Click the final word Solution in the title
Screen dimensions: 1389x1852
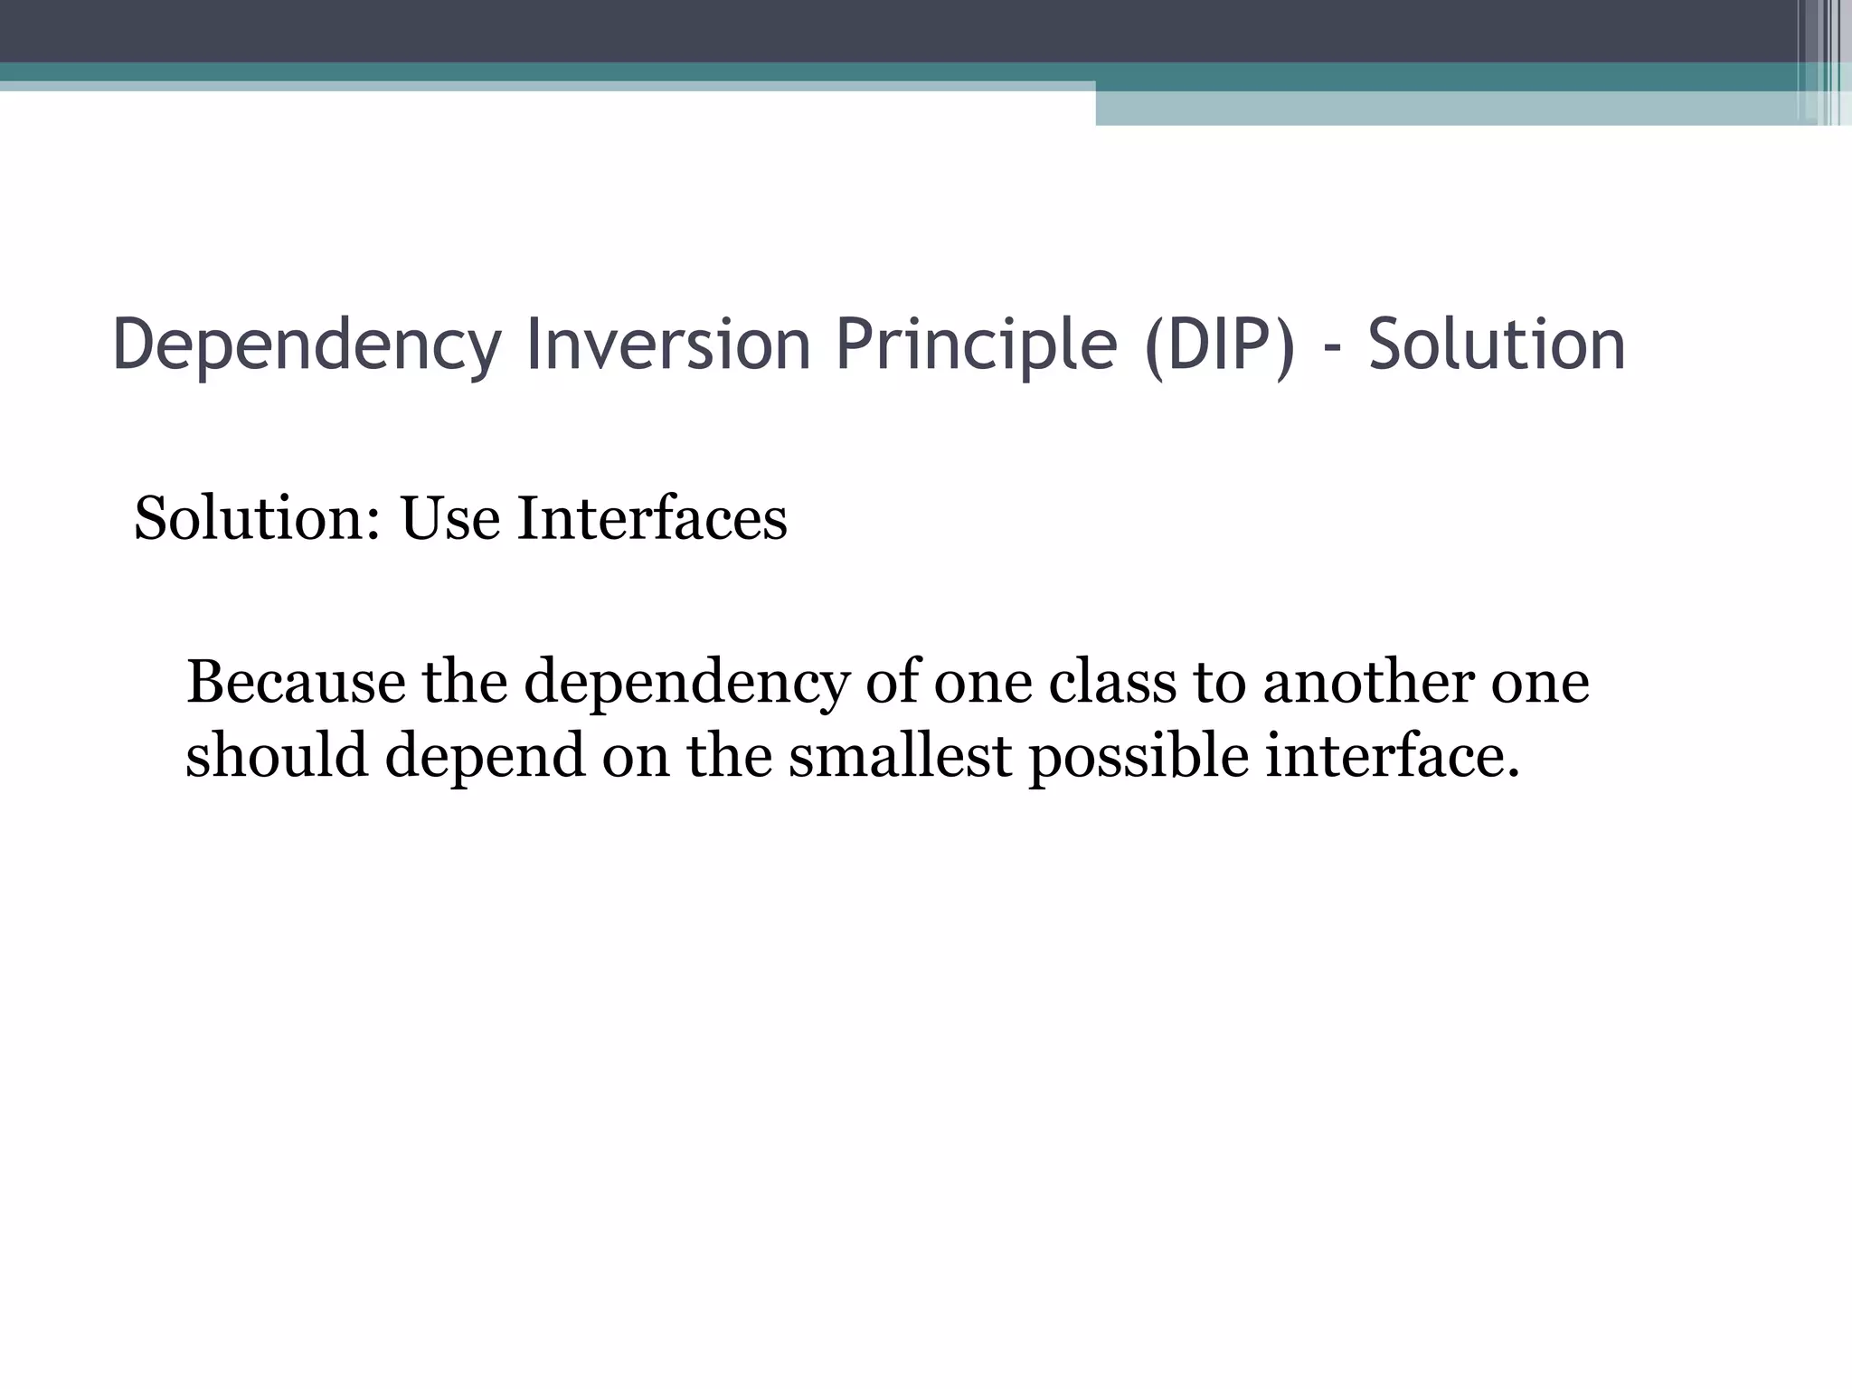[x=1497, y=345]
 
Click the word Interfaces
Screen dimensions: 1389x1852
[x=652, y=519]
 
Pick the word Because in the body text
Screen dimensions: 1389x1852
[x=296, y=682]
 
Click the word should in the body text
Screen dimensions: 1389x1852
[x=277, y=756]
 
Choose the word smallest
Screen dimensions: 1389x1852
[x=900, y=756]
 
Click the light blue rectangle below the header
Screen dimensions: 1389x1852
[x=1447, y=108]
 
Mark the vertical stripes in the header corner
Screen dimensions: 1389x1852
[x=1823, y=61]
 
